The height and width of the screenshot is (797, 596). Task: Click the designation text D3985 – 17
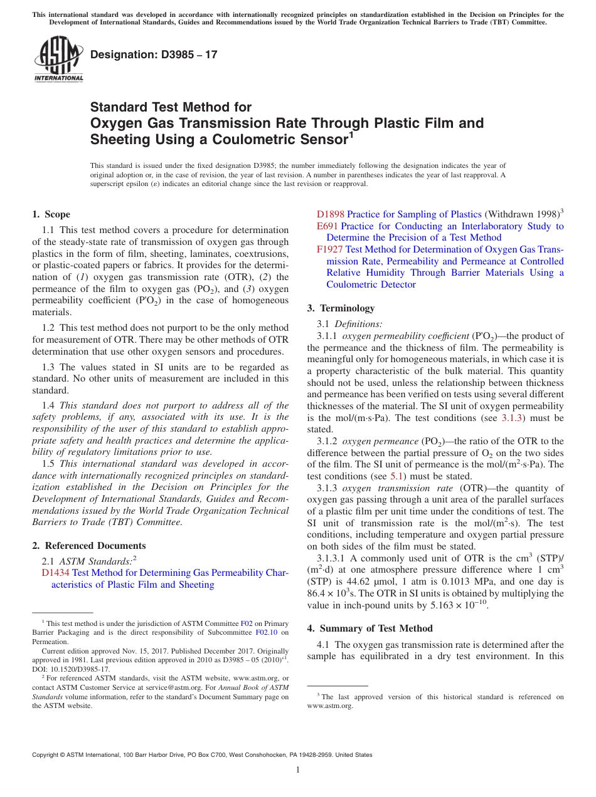(154, 55)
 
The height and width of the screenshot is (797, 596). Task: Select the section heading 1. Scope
(51, 214)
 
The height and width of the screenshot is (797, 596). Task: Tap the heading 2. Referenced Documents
(89, 546)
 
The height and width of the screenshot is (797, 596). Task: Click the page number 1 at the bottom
(298, 770)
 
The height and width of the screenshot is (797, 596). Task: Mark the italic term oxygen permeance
(369, 441)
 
